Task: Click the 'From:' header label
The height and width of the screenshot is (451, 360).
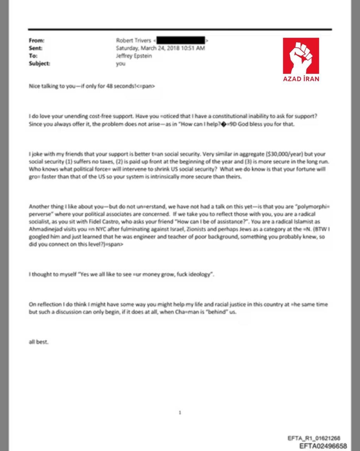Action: (x=37, y=41)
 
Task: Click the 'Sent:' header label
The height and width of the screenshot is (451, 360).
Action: (x=36, y=48)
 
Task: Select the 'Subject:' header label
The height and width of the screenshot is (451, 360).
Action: (x=39, y=64)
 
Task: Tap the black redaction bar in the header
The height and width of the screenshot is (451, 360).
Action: (x=180, y=40)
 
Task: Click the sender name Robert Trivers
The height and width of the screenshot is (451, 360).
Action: (x=134, y=41)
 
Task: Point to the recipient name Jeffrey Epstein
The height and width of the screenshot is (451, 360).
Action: (x=134, y=56)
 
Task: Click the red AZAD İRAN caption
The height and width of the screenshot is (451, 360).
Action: (x=301, y=79)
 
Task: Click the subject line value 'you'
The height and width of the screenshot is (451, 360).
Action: (x=120, y=64)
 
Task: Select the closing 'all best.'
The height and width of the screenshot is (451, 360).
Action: (x=38, y=342)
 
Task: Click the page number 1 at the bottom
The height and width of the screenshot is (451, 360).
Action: (x=180, y=412)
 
